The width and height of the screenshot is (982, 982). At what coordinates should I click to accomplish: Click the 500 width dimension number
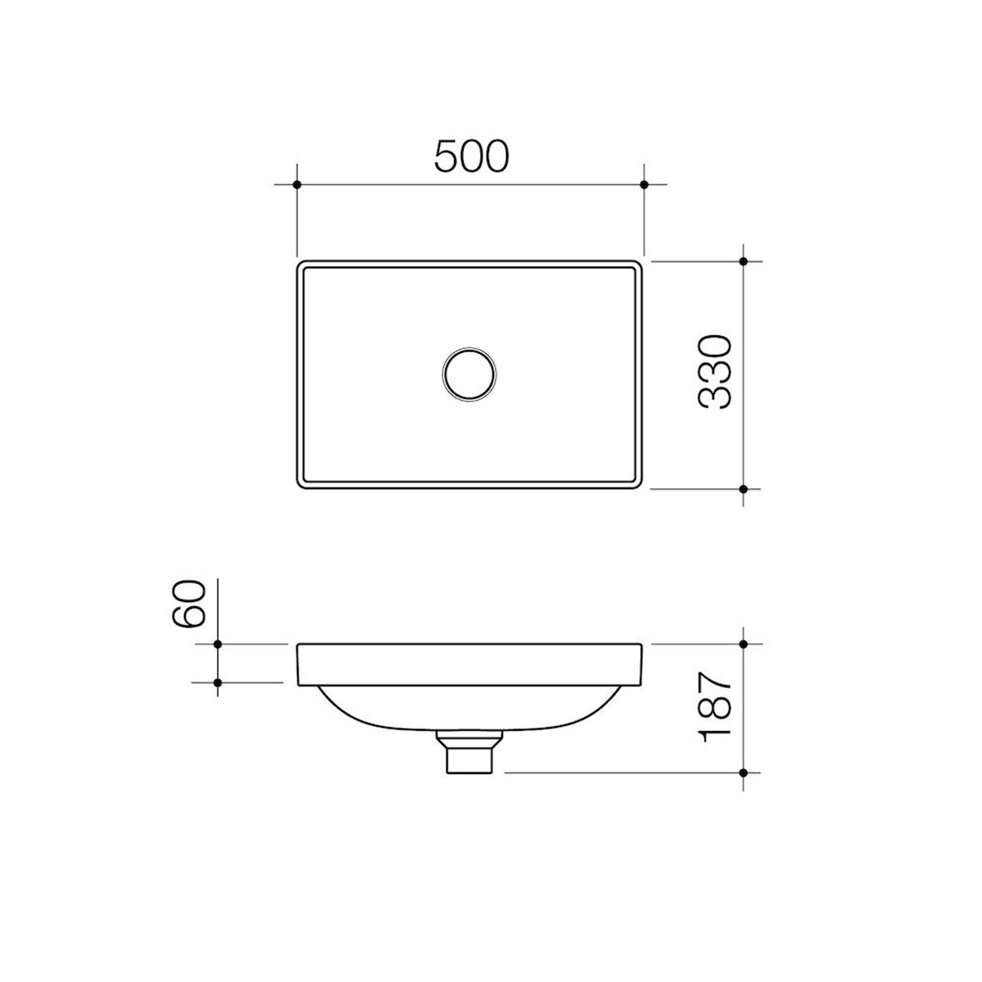(472, 156)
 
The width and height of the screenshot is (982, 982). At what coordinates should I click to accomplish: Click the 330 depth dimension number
(715, 371)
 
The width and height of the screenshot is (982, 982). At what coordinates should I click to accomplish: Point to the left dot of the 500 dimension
(297, 185)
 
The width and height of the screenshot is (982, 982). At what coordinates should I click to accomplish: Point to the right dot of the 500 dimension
(644, 185)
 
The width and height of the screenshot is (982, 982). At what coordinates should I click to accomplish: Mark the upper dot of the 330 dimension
(743, 261)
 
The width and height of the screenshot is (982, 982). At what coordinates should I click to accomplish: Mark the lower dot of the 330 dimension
(743, 489)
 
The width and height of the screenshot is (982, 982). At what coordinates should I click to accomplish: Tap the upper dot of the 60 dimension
(218, 644)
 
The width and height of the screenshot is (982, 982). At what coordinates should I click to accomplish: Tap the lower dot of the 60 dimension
(218, 683)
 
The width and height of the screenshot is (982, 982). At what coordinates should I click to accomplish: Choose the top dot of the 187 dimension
(743, 644)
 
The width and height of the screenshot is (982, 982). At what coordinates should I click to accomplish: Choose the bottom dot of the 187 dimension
(743, 773)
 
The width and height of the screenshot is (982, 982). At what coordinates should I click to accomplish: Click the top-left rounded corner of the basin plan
(301, 265)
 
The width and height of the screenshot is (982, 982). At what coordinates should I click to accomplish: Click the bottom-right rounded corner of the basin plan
(639, 485)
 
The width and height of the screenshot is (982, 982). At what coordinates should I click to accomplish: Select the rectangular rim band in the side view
(469, 664)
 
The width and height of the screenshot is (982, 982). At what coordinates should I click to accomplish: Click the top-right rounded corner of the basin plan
(639, 265)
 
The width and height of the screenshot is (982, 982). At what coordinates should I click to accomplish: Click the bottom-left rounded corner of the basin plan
(301, 485)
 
